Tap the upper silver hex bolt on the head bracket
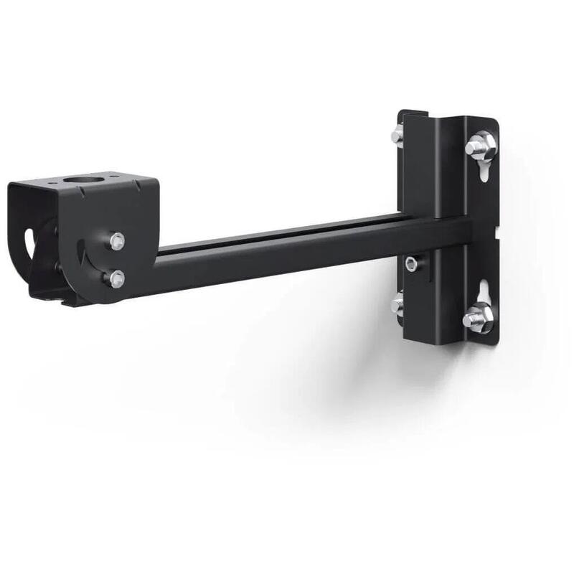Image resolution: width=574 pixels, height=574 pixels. pyautogui.click(x=117, y=241)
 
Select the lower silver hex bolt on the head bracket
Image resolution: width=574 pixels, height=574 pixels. pyautogui.click(x=116, y=278)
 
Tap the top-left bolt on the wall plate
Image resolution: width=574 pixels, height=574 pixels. pyautogui.click(x=397, y=136)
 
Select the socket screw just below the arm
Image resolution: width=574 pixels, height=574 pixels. pyautogui.click(x=410, y=264)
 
